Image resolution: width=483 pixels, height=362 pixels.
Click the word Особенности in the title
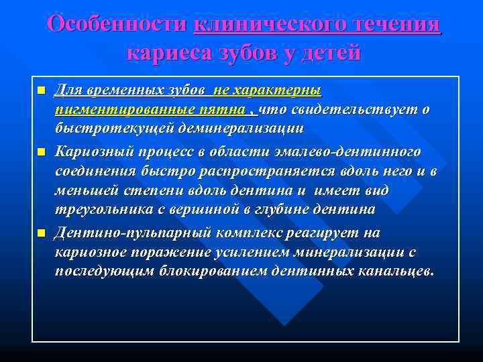pyautogui.click(x=118, y=24)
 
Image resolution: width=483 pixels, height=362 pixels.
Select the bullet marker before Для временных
pyautogui.click(x=41, y=90)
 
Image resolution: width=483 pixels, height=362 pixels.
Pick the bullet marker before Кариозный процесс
pyautogui.click(x=41, y=153)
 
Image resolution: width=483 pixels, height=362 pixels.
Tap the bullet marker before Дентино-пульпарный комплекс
pyautogui.click(x=41, y=233)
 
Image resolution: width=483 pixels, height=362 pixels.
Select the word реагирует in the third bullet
pyautogui.click(x=313, y=233)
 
